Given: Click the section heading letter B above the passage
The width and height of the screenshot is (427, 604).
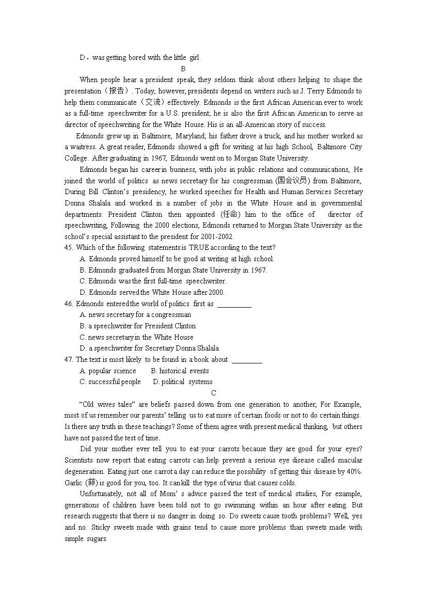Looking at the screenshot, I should tap(183, 69).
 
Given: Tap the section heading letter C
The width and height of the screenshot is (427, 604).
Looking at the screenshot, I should tap(213, 393).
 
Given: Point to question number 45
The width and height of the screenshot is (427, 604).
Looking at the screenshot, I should tap(69, 248).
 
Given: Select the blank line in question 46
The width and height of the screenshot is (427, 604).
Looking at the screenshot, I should tap(234, 305).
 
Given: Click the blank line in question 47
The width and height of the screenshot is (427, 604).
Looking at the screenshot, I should tap(247, 360).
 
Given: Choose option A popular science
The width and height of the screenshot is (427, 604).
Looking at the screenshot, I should tap(108, 371).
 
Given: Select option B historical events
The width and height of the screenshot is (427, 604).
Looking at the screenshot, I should tap(180, 371).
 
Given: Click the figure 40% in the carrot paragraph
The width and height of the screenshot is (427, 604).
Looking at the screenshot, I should tap(354, 471).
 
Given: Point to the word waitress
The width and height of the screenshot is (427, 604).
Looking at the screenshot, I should tap(77, 147).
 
